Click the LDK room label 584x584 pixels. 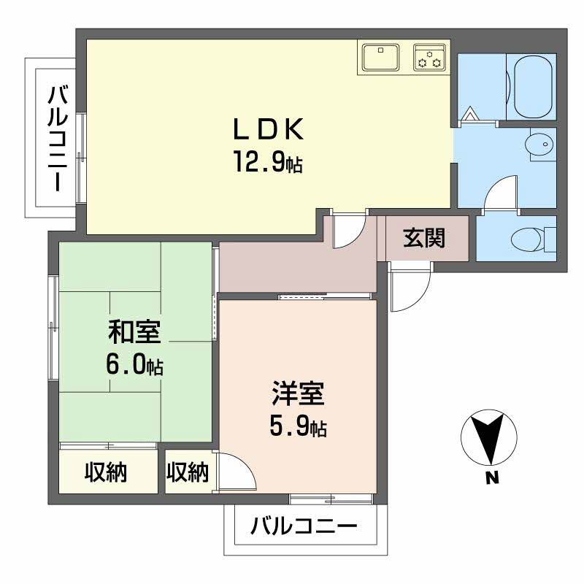(x=267, y=129)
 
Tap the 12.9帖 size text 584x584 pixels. (x=267, y=161)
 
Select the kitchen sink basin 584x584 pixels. (x=380, y=57)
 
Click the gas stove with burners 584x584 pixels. (x=429, y=57)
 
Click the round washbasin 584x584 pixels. (x=541, y=146)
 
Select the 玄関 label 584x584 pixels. (x=424, y=238)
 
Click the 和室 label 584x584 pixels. (x=134, y=331)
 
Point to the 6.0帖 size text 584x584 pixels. (x=134, y=364)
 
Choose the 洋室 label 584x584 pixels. (x=297, y=395)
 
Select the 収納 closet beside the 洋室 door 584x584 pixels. (x=188, y=472)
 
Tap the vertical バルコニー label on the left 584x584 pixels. (x=58, y=139)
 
